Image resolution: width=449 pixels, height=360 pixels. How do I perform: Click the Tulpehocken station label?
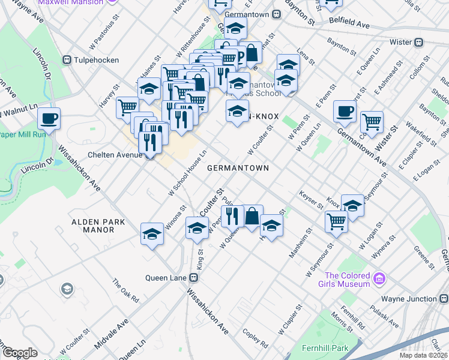click(x=97, y=60)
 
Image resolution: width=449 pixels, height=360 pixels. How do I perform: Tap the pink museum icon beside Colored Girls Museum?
click(x=378, y=278)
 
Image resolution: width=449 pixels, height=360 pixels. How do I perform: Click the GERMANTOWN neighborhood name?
click(x=238, y=169)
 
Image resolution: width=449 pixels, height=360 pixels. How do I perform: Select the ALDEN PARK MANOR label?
click(x=98, y=226)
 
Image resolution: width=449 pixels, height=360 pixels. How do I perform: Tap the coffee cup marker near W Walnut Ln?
click(x=49, y=118)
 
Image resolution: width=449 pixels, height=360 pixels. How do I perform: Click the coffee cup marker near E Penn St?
click(x=345, y=110)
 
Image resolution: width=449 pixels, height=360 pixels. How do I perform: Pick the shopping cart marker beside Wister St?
click(x=372, y=122)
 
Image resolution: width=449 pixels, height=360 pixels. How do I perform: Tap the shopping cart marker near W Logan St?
click(x=336, y=221)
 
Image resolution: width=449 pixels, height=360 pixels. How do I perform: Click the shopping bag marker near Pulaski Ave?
click(x=252, y=216)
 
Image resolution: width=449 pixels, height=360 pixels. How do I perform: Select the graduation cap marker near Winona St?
click(x=152, y=234)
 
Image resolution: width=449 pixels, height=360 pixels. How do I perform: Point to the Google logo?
click(x=19, y=353)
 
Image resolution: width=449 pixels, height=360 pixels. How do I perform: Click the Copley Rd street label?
click(x=255, y=339)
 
